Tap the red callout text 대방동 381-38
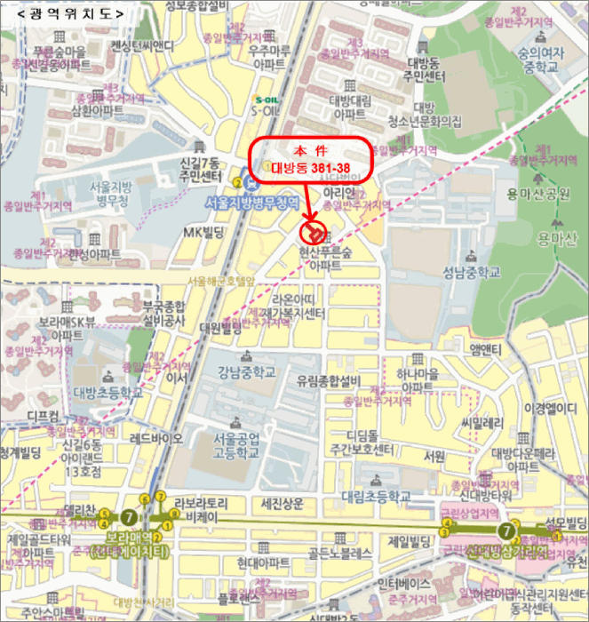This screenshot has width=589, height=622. [310, 165]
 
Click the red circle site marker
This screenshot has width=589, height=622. [313, 233]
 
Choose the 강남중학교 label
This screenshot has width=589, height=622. [246, 372]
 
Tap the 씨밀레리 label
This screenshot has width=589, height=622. [482, 421]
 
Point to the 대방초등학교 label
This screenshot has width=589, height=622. [109, 391]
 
